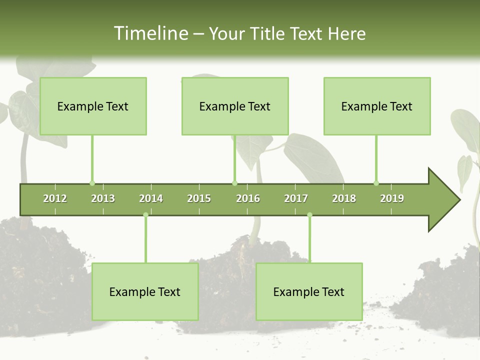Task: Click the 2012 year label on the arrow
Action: [55, 198]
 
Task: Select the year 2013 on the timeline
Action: [103, 198]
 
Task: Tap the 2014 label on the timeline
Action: [151, 198]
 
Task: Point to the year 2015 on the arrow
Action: [199, 198]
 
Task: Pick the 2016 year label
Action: [248, 198]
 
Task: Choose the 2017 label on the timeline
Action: [296, 198]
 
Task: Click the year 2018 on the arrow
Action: [344, 198]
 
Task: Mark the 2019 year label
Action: [392, 198]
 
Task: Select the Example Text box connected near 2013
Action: [93, 106]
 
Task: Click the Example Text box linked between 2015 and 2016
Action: [235, 106]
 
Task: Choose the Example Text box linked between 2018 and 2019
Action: [377, 106]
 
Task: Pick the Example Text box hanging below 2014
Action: [145, 291]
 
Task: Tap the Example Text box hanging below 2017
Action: [309, 291]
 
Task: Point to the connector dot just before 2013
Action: [92, 183]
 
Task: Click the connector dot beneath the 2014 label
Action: [145, 215]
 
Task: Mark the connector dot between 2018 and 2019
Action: [376, 183]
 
